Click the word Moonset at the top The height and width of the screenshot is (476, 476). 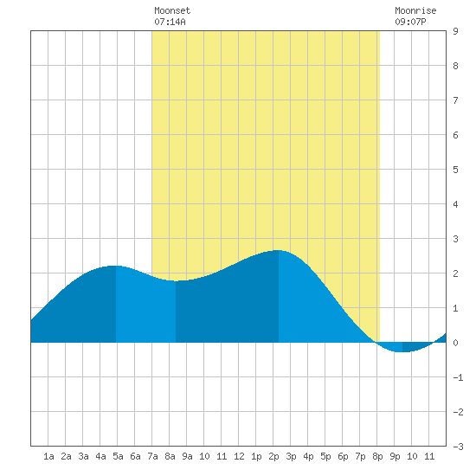click(x=172, y=10)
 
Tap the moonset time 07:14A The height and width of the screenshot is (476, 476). click(x=170, y=22)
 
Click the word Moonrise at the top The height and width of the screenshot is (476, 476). click(x=415, y=10)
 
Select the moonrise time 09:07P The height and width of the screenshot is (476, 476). click(x=410, y=22)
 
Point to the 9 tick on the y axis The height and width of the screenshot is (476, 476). click(x=455, y=31)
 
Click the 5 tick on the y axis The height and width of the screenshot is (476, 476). click(x=455, y=170)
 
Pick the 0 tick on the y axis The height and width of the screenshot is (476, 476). click(x=455, y=343)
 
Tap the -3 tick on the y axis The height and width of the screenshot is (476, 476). click(x=458, y=447)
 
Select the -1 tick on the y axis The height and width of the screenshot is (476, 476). click(x=458, y=377)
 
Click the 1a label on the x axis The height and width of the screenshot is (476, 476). click(x=48, y=456)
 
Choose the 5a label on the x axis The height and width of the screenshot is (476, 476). click(x=118, y=456)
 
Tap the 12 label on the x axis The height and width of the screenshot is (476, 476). click(x=239, y=456)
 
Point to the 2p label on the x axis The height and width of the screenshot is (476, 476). click(x=273, y=456)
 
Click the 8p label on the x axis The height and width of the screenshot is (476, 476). click(x=377, y=456)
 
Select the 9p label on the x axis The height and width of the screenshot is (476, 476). click(x=395, y=456)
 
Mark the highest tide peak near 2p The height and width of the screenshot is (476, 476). click(x=278, y=250)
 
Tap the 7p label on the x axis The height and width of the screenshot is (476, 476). click(x=360, y=456)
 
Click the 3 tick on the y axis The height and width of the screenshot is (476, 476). click(x=455, y=239)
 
